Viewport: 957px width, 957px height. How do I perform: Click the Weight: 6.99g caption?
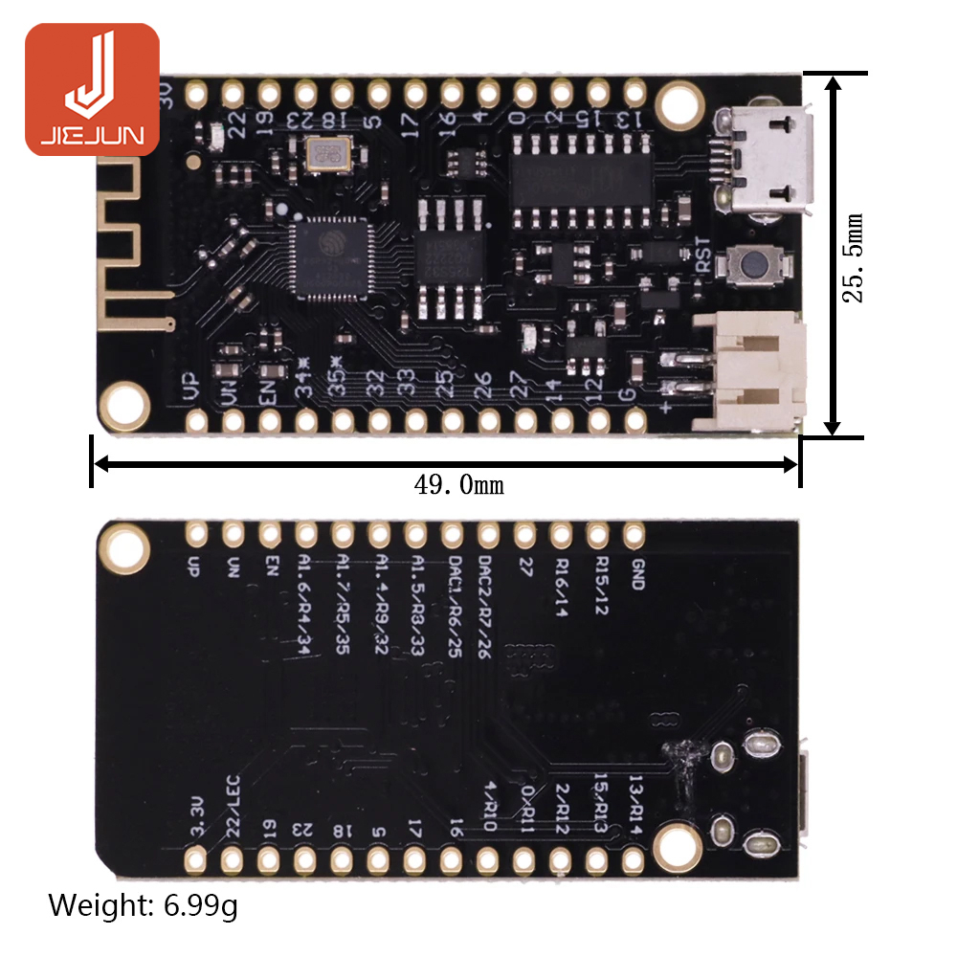pyautogui.click(x=143, y=904)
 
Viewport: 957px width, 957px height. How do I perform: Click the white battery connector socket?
pyautogui.click(x=756, y=372)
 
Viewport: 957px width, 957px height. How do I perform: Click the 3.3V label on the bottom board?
pyautogui.click(x=198, y=818)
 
